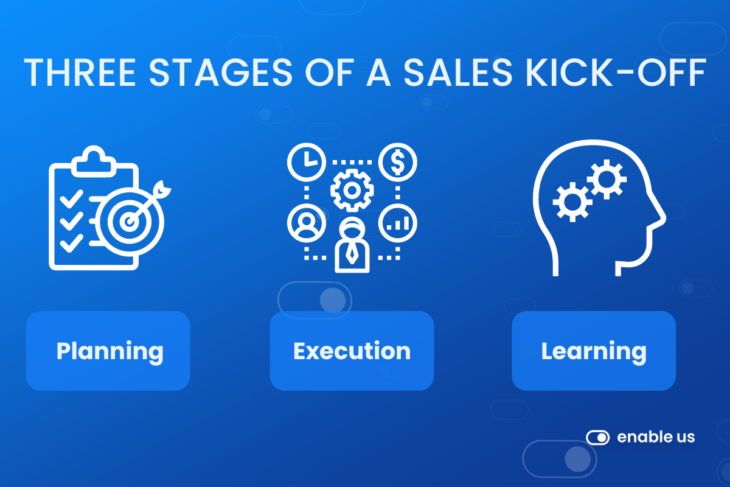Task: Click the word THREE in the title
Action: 80,72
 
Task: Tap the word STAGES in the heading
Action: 221,72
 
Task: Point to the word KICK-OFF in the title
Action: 616,72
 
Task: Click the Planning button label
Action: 110,352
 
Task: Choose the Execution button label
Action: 352,351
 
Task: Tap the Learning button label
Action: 594,352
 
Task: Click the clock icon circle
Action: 307,162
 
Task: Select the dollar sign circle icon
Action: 398,162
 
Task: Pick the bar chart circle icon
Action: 398,223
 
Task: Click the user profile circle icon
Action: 307,223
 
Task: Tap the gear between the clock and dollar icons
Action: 352,190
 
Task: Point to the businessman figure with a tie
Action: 352,245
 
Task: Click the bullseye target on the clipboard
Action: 130,222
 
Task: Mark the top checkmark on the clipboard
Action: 71,198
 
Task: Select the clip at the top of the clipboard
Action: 94,161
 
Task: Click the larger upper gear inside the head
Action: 607,180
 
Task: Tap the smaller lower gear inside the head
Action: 572,202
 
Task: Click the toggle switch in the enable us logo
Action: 597,438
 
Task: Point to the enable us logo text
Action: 656,437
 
